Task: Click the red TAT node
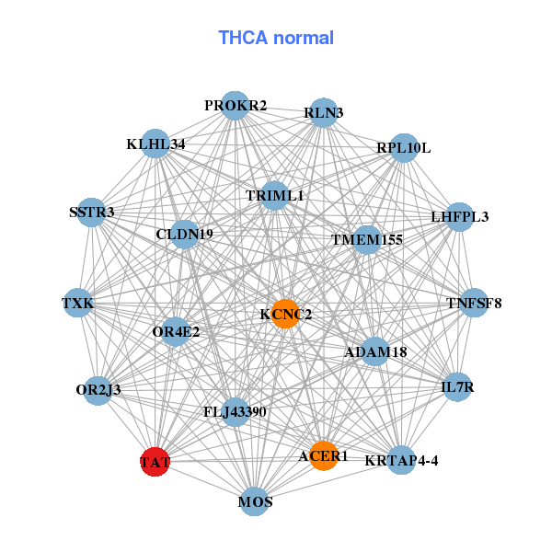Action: [x=155, y=461]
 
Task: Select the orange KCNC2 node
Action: [x=285, y=314]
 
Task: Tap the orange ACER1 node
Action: [x=323, y=455]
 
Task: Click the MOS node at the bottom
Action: [x=255, y=501]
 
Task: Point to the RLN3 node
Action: [x=323, y=113]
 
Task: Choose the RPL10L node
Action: [x=403, y=148]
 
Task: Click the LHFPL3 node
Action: [x=459, y=218]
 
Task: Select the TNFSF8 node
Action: [x=473, y=303]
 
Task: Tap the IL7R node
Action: [x=457, y=387]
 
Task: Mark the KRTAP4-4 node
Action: [x=401, y=459]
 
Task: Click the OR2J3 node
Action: [x=98, y=389]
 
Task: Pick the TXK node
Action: [x=77, y=303]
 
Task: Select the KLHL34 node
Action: [x=155, y=144]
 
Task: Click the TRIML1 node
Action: [x=274, y=196]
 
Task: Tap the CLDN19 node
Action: [x=184, y=235]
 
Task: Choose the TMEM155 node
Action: [x=367, y=240]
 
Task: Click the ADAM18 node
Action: [x=374, y=351]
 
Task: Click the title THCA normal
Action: [x=276, y=38]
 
